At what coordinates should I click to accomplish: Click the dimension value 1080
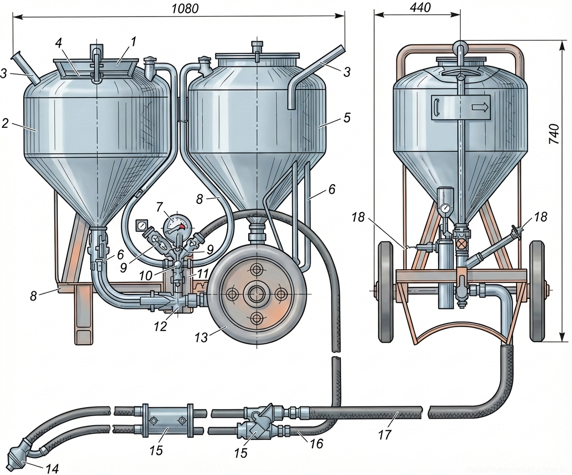click(x=185, y=8)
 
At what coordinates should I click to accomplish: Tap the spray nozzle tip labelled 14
click(x=16, y=450)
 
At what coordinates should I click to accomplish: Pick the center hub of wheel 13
click(x=257, y=293)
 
